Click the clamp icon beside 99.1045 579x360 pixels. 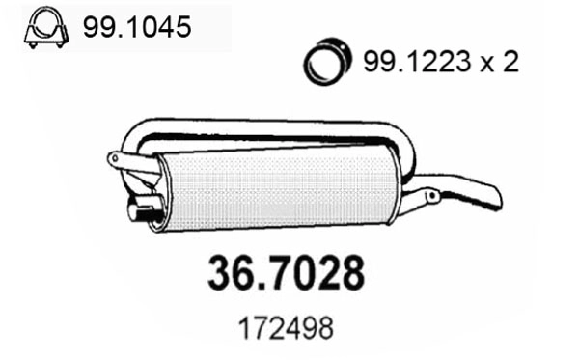pos(41,29)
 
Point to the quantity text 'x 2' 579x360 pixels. pos(499,63)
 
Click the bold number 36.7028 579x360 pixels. pos(287,274)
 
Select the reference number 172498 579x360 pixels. pos(287,328)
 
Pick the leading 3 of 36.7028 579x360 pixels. pos(219,274)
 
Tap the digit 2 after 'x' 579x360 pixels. pos(510,63)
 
